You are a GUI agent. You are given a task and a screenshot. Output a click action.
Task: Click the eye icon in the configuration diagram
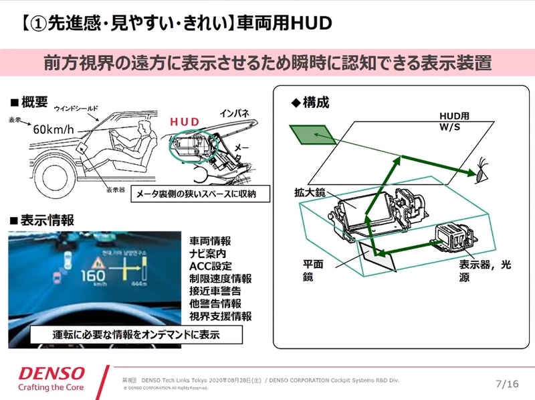[481, 172]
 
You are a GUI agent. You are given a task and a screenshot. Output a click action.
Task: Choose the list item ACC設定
[209, 265]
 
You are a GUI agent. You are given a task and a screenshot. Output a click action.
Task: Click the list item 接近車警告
[215, 291]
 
